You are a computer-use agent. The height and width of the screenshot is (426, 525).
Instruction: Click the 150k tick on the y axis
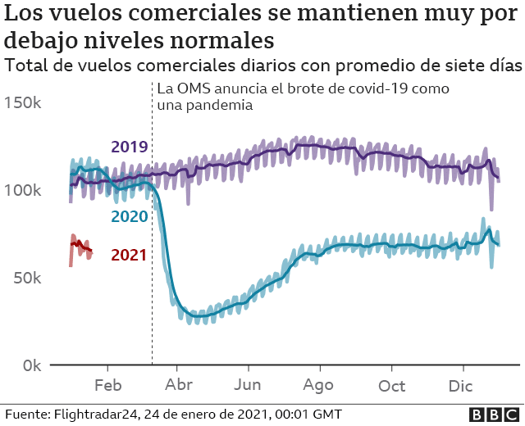[x=25, y=103]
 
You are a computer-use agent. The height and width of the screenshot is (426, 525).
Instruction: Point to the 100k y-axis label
[x=25, y=190]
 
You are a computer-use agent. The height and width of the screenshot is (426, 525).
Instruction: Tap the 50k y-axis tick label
[x=29, y=278]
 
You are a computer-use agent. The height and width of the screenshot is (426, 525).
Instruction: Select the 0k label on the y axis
[x=33, y=365]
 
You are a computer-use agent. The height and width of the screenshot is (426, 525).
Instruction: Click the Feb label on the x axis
[x=108, y=386]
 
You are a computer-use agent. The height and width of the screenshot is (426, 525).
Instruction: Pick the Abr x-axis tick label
[x=178, y=386]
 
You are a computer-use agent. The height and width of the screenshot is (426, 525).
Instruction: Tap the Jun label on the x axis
[x=248, y=386]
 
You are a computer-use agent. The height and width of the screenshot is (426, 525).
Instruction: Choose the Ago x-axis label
[x=318, y=386]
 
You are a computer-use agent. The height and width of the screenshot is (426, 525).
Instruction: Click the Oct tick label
[x=391, y=386]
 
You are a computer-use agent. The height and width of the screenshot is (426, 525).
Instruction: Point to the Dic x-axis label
[x=461, y=386]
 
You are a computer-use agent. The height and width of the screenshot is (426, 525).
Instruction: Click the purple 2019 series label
[x=129, y=147]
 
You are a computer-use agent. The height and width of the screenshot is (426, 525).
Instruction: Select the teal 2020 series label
[x=129, y=217]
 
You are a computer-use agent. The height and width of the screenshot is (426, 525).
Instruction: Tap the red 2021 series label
[x=128, y=255]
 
